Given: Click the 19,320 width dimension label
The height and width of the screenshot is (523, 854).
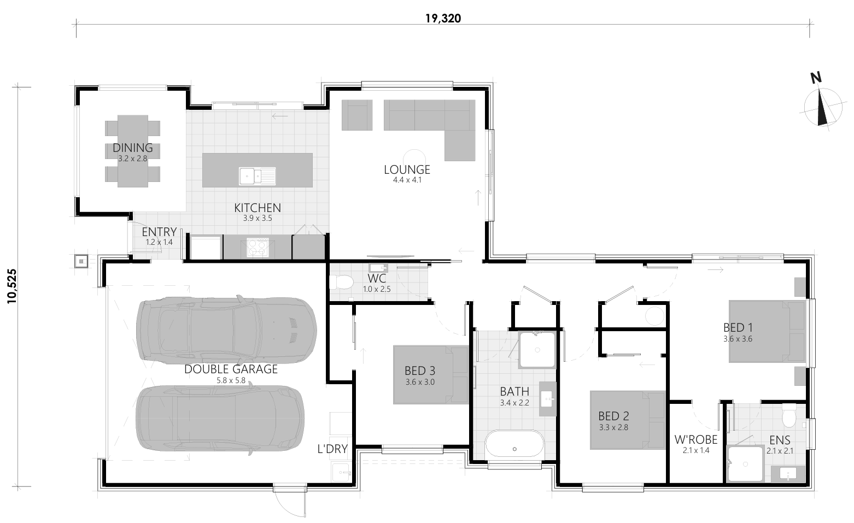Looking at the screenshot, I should [x=443, y=19].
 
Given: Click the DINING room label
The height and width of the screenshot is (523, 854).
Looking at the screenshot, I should [x=133, y=148].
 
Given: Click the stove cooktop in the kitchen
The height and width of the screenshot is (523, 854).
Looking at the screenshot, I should [x=258, y=247].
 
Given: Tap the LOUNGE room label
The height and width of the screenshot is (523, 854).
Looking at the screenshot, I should [x=407, y=169].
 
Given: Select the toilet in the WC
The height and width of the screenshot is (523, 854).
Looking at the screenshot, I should [x=342, y=282].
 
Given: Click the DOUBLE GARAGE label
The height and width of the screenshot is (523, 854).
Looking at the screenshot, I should [x=231, y=369].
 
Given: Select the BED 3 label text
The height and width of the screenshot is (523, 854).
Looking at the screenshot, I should [x=420, y=371].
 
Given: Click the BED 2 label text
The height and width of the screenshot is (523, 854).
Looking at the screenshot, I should [x=613, y=416].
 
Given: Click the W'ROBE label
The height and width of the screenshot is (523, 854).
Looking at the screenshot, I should [x=695, y=439].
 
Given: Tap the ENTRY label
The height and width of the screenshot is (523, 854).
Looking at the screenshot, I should [x=159, y=232].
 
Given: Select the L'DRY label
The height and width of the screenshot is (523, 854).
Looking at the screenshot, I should [x=332, y=449].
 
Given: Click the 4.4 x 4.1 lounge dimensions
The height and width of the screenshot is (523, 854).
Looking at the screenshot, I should [x=407, y=180].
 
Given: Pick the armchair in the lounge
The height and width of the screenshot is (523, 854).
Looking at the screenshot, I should [x=356, y=115].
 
